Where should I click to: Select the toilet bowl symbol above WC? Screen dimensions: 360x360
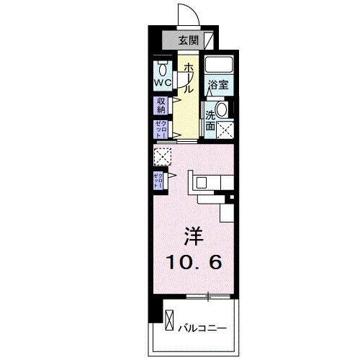[161, 68]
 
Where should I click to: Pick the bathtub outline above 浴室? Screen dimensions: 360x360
[218, 65]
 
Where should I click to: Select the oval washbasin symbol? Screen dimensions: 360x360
[222, 110]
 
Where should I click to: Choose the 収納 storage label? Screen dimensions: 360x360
[161, 105]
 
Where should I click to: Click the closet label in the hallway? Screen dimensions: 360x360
[161, 129]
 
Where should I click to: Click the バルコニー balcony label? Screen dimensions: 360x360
[203, 327]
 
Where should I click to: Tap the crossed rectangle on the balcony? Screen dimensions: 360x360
[169, 318]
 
